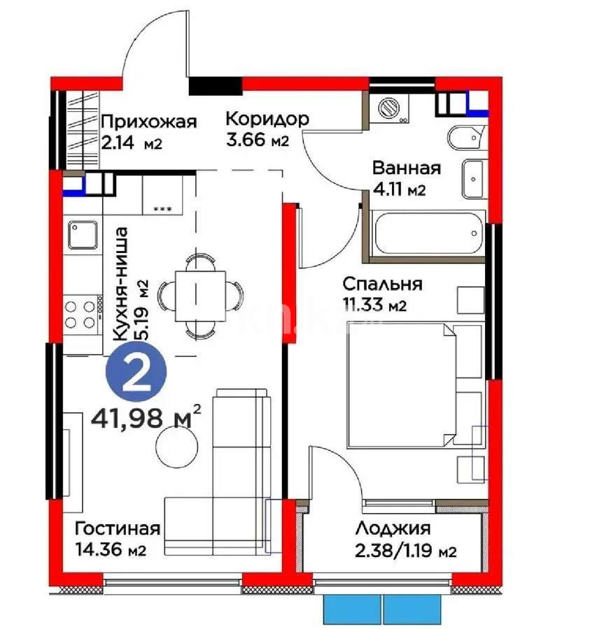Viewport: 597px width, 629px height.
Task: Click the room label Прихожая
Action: click(x=148, y=122)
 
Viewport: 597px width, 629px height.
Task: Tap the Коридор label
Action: click(x=266, y=119)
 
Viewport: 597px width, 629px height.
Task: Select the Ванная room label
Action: click(x=406, y=168)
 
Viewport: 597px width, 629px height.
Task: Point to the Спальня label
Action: click(x=382, y=284)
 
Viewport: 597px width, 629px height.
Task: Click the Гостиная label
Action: click(x=118, y=528)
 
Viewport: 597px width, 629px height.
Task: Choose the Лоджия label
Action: click(x=392, y=529)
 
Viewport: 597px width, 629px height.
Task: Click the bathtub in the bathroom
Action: click(x=428, y=234)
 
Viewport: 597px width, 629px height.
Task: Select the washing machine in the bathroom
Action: click(x=387, y=110)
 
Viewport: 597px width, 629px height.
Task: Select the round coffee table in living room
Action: click(x=176, y=446)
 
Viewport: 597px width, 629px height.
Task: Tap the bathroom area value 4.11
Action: click(x=388, y=189)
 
